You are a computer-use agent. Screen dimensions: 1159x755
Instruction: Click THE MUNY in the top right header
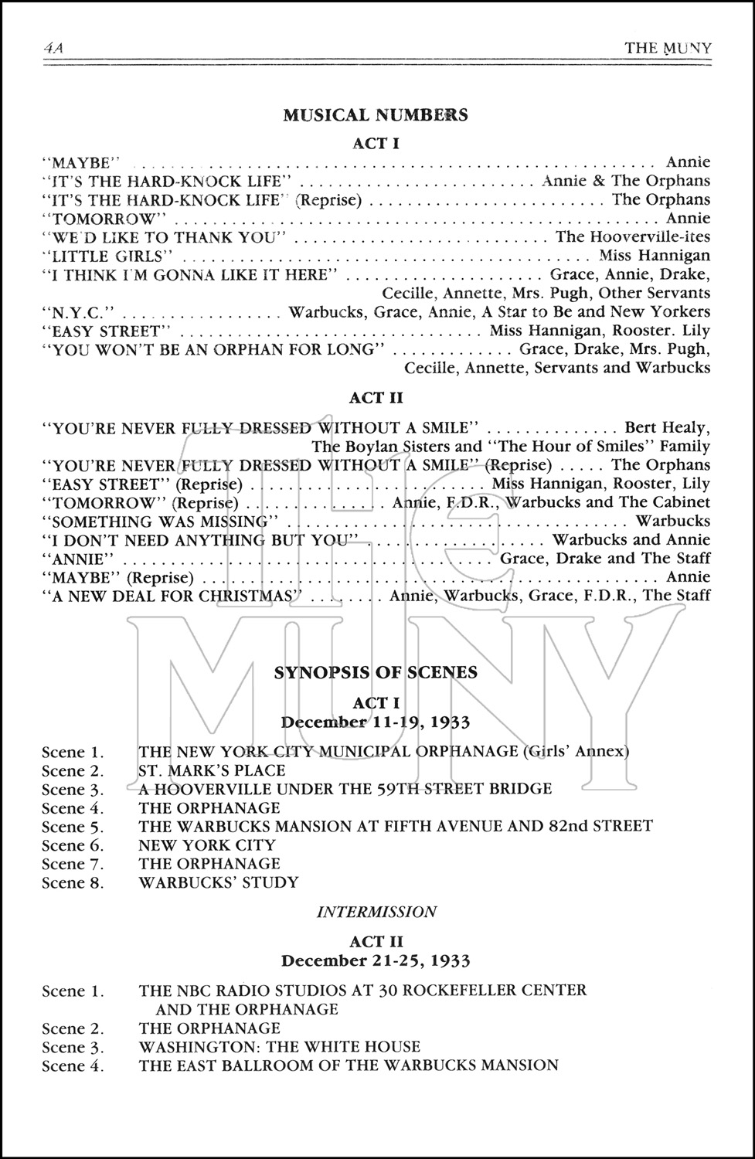coord(668,48)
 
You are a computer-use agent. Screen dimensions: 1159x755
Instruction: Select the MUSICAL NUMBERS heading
coord(376,115)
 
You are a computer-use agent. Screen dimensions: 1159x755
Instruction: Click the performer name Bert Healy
coord(666,427)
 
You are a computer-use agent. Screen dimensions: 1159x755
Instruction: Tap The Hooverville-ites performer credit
coord(632,237)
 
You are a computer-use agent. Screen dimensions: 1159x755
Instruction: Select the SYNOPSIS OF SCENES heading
coord(376,672)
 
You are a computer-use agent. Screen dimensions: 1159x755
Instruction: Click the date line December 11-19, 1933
coord(376,722)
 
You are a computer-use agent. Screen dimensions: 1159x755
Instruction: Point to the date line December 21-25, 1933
coord(376,960)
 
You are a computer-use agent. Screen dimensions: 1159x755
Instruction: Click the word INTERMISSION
coord(376,912)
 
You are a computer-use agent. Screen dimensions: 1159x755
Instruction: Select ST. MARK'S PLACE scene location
coord(212,770)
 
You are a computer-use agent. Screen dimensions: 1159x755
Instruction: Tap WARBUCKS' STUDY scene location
coord(219,882)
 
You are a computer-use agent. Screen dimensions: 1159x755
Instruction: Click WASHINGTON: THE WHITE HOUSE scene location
coord(280,1047)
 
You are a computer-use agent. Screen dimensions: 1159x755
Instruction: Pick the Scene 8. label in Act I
coord(73,882)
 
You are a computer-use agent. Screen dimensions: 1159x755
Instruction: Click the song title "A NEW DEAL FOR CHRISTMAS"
coord(172,596)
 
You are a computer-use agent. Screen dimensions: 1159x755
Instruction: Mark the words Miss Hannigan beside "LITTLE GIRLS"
coord(654,256)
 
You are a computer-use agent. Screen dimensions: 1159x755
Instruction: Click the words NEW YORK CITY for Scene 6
coord(207,845)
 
